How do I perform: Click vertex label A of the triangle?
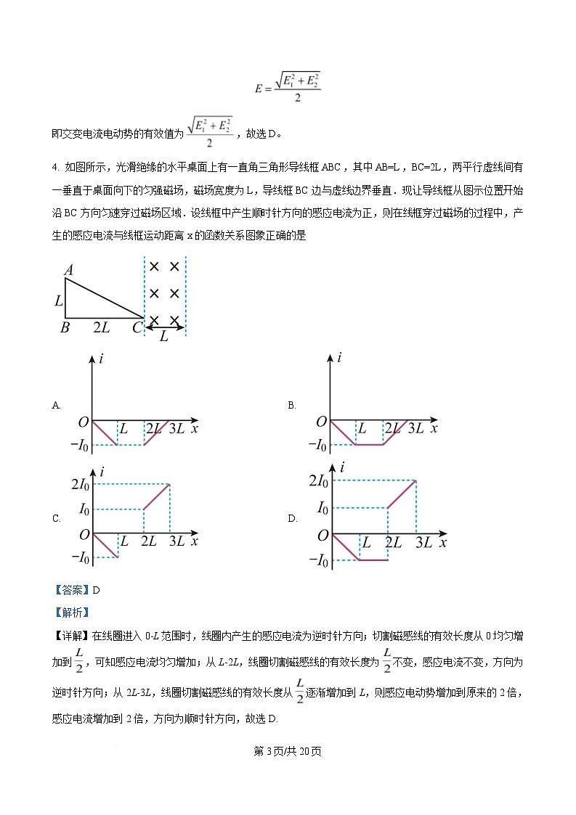click(68, 271)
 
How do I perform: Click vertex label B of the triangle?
click(65, 327)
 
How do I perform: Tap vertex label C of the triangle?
click(137, 327)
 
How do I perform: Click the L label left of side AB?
click(58, 300)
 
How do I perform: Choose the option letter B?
click(291, 405)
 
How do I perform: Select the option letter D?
click(292, 518)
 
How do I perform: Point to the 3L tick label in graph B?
click(415, 428)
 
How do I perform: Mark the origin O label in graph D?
click(320, 536)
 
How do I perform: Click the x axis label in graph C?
click(195, 541)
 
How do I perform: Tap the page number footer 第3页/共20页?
click(288, 750)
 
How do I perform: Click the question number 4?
click(55, 168)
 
